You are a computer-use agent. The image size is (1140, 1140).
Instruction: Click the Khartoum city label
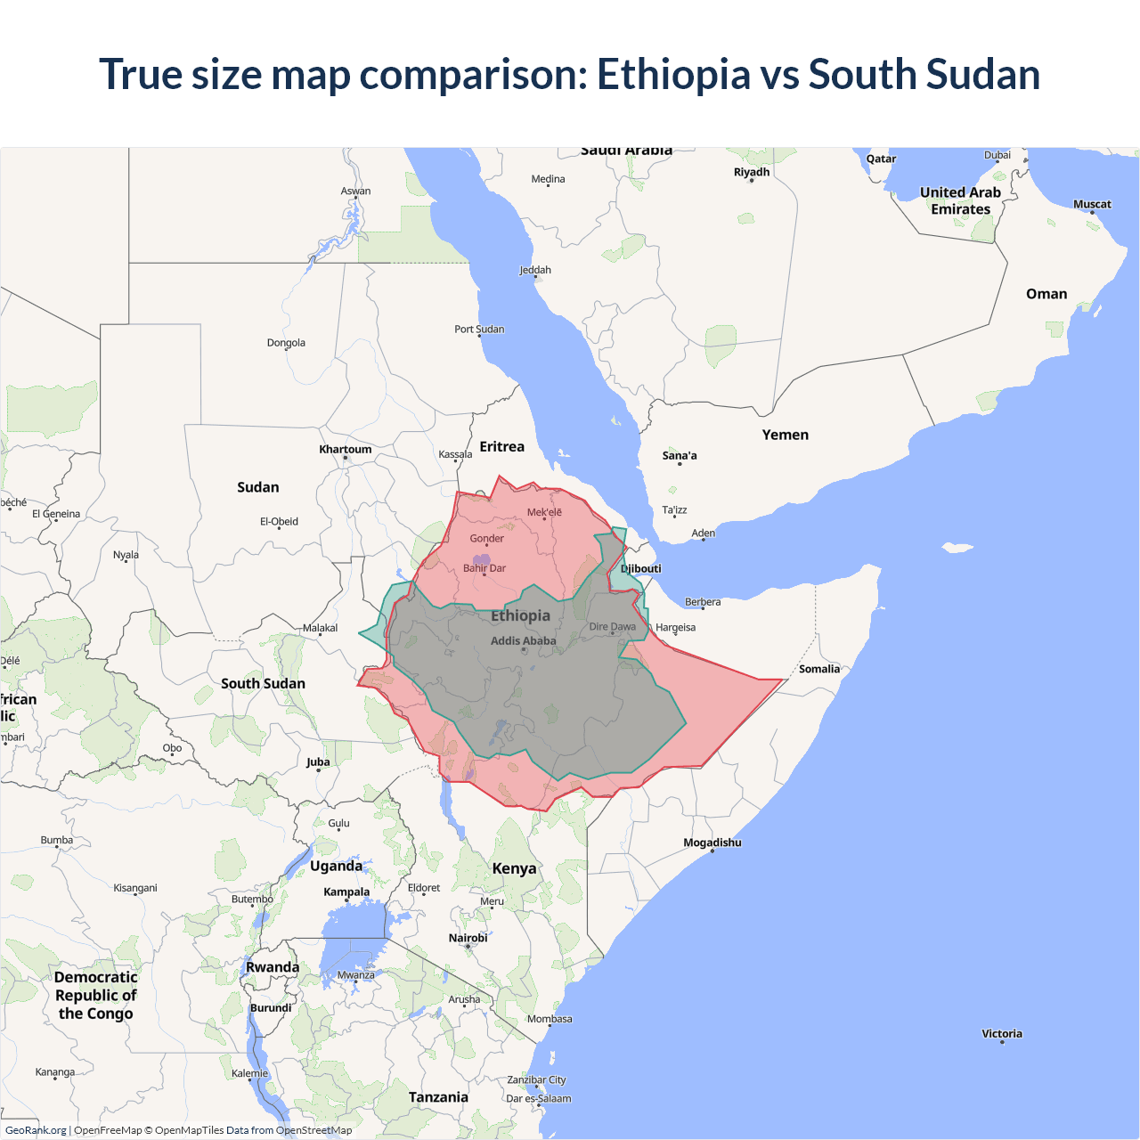pos(346,449)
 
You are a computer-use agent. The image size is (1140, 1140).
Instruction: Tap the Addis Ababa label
pos(523,640)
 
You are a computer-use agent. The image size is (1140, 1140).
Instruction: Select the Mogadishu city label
pos(712,843)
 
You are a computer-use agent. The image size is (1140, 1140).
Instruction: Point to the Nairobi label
pos(468,938)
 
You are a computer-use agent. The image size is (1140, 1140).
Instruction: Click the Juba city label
pos(318,761)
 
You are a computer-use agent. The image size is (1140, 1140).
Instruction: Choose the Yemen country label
pos(785,435)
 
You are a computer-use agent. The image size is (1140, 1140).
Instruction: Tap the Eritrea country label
pos(502,446)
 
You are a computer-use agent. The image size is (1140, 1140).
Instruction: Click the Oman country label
pos(1046,294)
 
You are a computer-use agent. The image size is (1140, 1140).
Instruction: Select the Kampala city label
pos(346,892)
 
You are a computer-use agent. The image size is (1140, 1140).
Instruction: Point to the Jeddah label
pos(535,270)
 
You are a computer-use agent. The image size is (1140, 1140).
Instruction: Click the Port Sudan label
pos(479,329)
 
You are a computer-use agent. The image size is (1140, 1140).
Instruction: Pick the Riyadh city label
pos(752,172)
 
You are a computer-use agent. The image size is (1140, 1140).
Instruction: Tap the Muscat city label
pos(1092,204)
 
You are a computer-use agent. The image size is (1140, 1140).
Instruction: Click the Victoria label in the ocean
pos(1002,1034)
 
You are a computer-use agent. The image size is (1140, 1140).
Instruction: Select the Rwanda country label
pos(273,967)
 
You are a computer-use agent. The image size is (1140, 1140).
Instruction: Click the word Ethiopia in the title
pos(673,74)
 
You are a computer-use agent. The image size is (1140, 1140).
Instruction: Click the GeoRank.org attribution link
pos(36,1130)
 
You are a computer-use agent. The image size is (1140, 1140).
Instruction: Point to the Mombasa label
pos(550,1019)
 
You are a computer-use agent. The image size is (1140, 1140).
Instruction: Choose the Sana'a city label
pos(680,455)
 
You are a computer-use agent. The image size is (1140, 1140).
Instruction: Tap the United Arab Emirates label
pos(960,200)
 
